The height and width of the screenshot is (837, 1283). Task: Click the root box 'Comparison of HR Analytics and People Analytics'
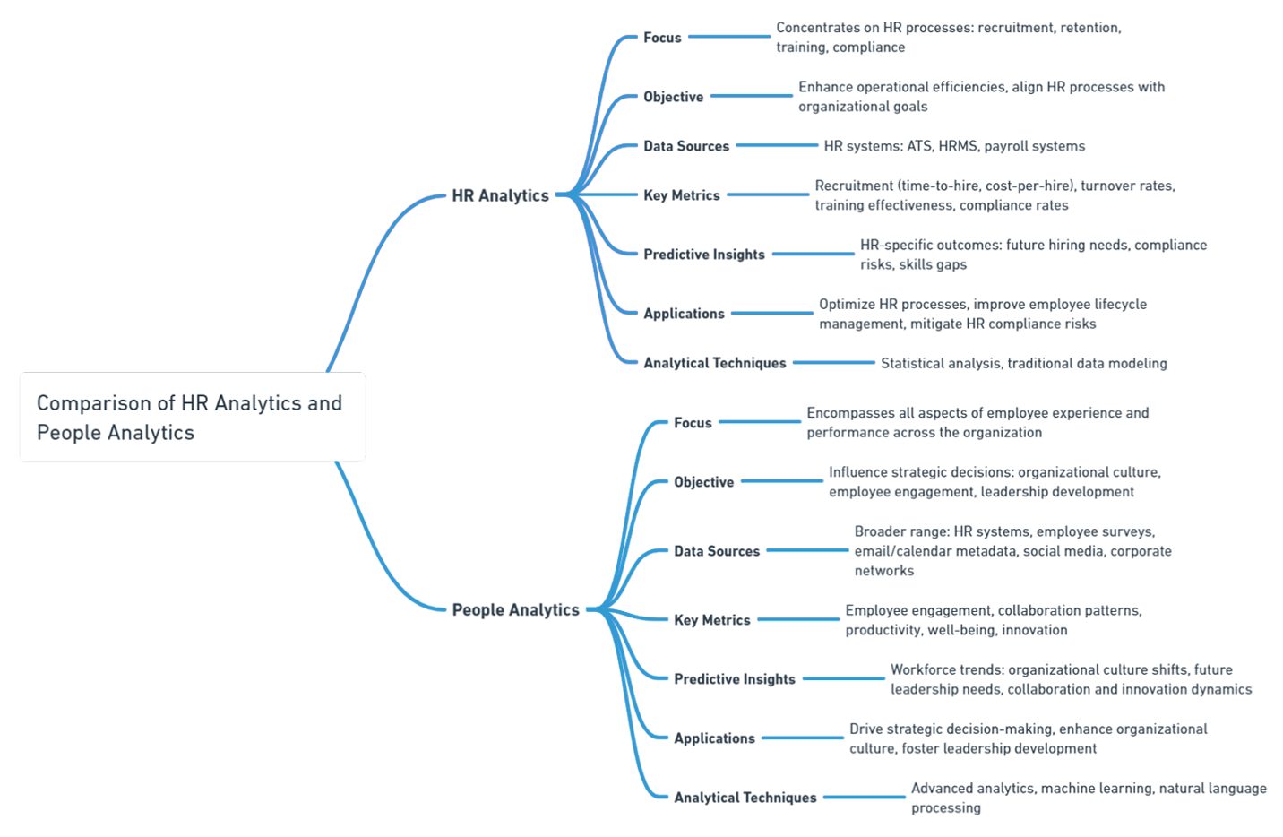pos(192,418)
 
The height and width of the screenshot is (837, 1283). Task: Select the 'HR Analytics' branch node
pos(500,195)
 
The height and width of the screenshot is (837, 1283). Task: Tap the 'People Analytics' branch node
pos(515,609)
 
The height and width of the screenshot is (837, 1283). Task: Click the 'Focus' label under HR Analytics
pos(662,38)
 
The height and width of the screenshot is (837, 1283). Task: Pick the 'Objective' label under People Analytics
pos(703,482)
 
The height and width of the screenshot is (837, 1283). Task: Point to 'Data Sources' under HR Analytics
pos(685,146)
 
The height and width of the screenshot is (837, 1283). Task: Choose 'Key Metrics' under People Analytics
pos(711,620)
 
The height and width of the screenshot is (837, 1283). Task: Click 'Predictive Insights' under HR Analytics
pos(703,255)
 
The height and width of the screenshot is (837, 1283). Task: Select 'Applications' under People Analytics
pos(714,738)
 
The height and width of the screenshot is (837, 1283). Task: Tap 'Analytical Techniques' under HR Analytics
pos(714,363)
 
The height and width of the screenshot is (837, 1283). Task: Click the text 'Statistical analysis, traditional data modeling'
pos(1023,363)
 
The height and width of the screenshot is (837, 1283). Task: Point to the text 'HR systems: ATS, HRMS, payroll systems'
pos(953,146)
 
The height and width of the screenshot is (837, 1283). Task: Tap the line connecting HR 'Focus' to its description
pos(728,37)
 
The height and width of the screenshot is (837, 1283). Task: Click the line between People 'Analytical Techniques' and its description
pos(864,797)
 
